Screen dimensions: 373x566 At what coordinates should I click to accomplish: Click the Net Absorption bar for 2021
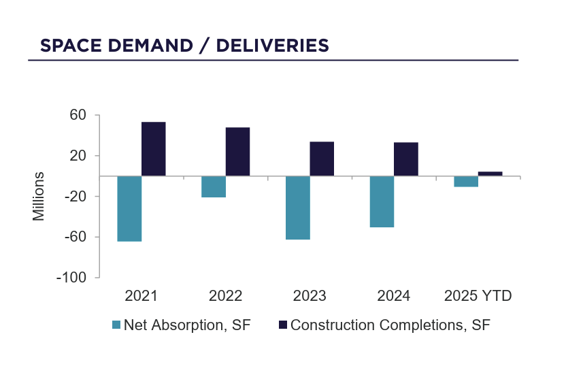point(129,208)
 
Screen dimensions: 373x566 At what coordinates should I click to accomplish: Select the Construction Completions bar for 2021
point(153,149)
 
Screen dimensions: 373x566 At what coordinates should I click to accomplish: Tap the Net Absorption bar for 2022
point(214,186)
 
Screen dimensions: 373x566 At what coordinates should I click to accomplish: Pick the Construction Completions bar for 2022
point(237,152)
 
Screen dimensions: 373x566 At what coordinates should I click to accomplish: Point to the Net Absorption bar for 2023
point(297,208)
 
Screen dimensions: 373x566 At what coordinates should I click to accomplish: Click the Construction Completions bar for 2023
point(322,159)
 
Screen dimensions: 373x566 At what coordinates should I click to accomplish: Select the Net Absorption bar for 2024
point(382,201)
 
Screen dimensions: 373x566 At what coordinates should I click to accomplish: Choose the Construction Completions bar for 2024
point(405,159)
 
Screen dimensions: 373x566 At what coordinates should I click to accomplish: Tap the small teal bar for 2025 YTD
point(466,181)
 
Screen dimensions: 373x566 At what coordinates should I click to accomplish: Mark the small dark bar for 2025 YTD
point(490,174)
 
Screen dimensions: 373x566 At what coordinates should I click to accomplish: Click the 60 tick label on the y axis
point(78,115)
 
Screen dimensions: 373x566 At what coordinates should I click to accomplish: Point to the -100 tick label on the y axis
point(73,278)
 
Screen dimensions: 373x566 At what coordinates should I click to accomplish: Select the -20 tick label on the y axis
point(76,197)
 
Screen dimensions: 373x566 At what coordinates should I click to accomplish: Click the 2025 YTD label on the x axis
point(478,296)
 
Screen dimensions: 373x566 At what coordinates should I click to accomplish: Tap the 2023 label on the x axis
point(310,296)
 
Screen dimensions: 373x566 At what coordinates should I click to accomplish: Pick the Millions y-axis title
point(39,196)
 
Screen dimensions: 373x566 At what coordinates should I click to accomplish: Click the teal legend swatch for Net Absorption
point(116,325)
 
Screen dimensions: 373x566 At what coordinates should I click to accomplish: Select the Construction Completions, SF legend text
point(390,325)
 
